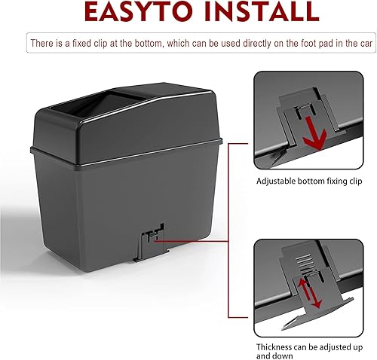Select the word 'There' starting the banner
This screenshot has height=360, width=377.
click(x=41, y=42)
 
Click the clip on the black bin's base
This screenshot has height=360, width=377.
click(x=149, y=239)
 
